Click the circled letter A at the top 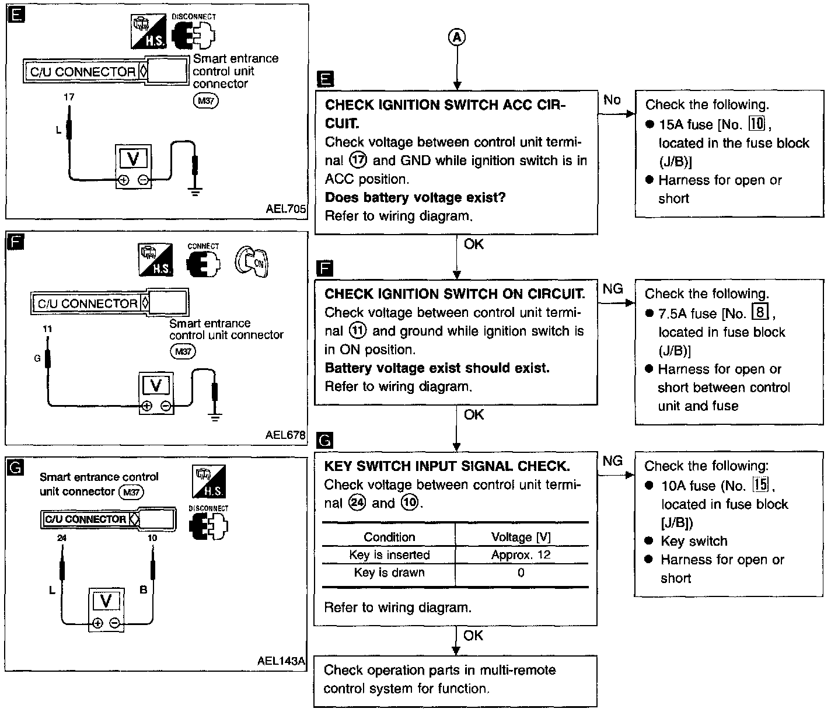457,37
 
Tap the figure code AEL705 285,209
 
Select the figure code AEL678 285,435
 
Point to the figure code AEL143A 281,661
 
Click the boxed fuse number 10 757,123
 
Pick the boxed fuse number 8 760,312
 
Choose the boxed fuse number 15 760,484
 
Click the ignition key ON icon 252,261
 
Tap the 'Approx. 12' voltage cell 521,555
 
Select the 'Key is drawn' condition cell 389,572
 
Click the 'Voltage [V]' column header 521,537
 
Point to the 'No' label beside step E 612,100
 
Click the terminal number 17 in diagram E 69,97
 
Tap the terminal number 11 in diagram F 47,329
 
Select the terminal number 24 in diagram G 61,538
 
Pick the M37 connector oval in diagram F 183,351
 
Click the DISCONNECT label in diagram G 208,508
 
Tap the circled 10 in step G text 410,503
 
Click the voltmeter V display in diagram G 106,601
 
